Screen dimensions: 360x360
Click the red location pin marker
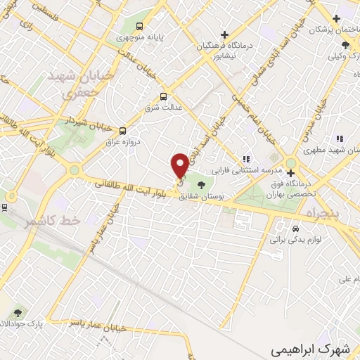point(180,165)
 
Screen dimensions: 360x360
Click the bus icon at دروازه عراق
point(123,130)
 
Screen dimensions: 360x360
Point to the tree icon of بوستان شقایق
point(202,186)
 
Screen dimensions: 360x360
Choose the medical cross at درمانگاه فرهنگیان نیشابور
point(224,34)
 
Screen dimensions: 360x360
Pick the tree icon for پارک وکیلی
point(345,45)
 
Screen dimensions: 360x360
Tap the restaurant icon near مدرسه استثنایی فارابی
point(246,160)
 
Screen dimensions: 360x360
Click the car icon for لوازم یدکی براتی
point(295,229)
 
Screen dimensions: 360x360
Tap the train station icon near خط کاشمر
point(4,207)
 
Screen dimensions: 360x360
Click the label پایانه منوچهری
point(131,32)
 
